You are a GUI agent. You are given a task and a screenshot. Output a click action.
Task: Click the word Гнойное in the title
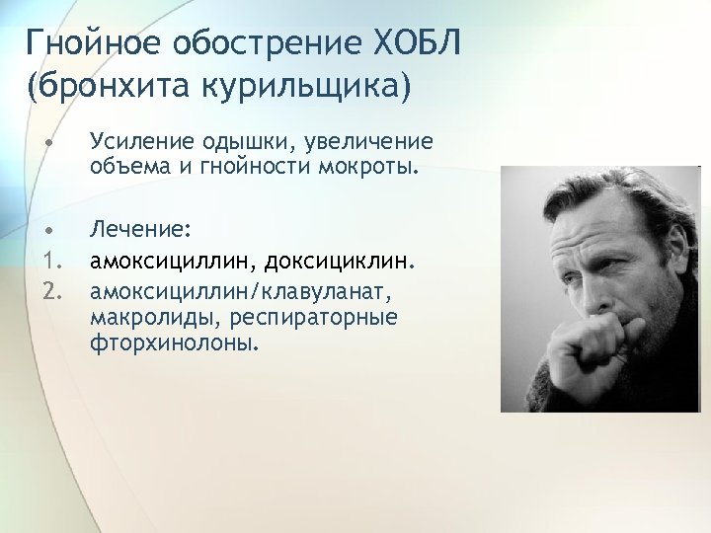tap(94, 44)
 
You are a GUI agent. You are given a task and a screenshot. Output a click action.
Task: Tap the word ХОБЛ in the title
tap(419, 44)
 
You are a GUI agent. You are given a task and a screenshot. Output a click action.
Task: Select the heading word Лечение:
tap(133, 230)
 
